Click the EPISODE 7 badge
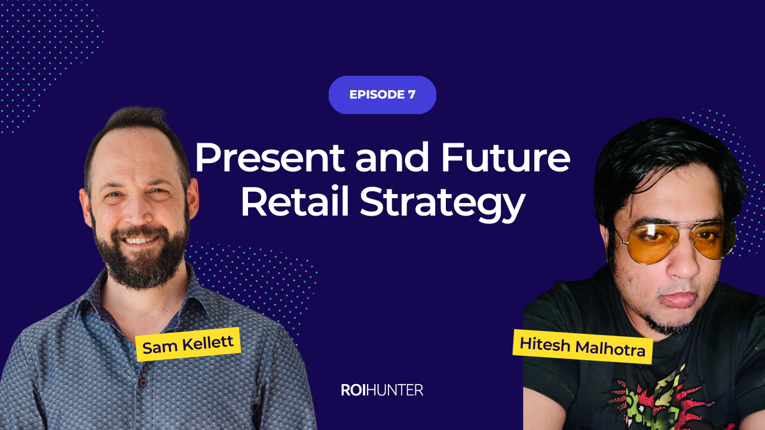(382, 94)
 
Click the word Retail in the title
(295, 201)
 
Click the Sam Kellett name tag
(188, 345)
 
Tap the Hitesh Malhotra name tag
(583, 347)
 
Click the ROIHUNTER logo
(382, 390)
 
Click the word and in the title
(392, 157)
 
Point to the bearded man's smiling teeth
(140, 241)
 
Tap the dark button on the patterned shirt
(143, 383)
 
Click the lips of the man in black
(678, 300)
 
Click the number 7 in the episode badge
(411, 94)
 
